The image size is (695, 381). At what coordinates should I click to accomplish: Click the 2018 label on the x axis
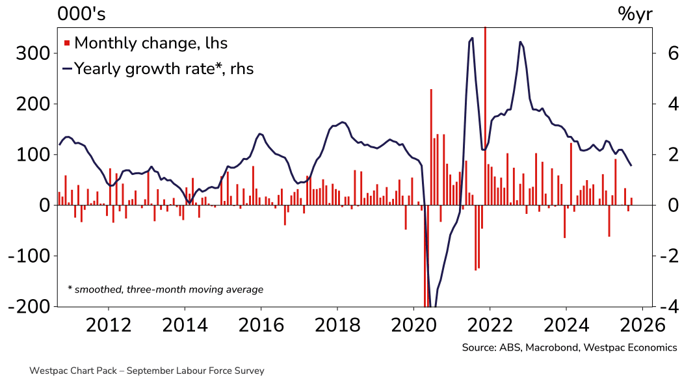click(337, 324)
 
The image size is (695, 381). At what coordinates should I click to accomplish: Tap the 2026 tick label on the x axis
click(642, 324)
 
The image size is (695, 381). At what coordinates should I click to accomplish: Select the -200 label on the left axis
click(27, 307)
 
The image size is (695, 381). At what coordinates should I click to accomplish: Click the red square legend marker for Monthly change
click(66, 44)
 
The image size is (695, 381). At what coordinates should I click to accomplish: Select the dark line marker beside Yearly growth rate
click(66, 68)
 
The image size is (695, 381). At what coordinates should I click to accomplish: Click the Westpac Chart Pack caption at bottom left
click(147, 371)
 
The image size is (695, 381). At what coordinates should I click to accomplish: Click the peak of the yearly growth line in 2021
click(471, 38)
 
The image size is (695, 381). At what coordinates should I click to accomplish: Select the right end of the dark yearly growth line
click(631, 165)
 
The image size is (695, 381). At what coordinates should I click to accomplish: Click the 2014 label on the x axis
click(184, 324)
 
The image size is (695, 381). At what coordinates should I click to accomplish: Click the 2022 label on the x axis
click(490, 324)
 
